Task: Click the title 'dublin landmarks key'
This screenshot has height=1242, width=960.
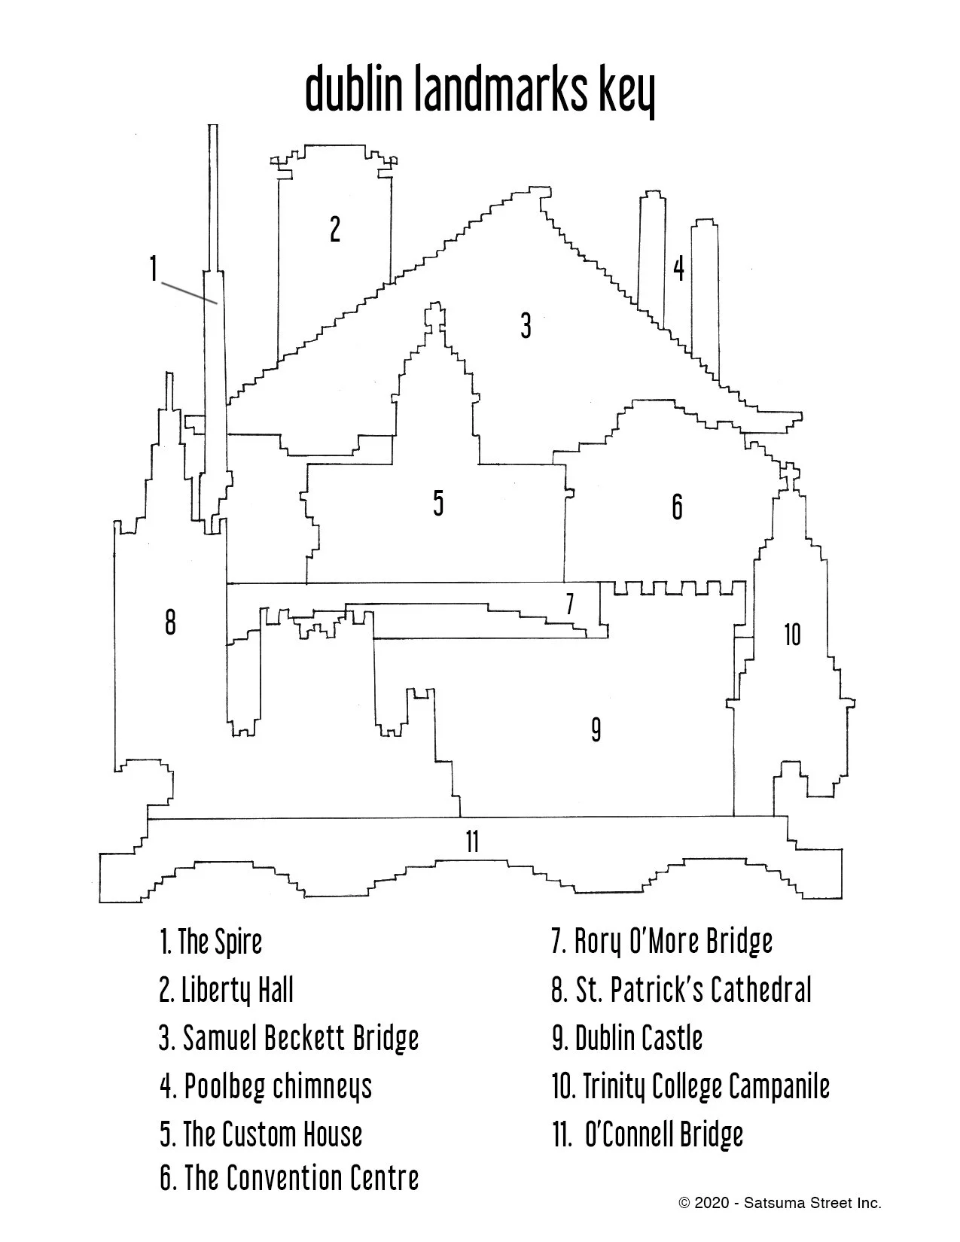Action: click(x=480, y=90)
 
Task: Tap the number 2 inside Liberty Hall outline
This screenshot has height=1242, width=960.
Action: click(x=335, y=229)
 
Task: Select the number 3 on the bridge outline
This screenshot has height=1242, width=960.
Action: click(x=526, y=326)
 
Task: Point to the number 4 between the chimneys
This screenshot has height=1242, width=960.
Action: click(x=678, y=269)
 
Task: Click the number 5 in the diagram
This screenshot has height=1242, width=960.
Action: click(x=438, y=503)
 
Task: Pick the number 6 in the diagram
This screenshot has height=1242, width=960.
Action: click(x=677, y=507)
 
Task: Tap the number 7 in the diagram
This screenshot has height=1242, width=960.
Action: click(x=570, y=604)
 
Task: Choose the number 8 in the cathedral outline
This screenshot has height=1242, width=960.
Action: click(x=170, y=623)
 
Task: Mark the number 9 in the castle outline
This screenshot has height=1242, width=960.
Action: click(x=596, y=729)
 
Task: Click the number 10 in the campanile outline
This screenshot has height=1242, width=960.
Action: click(x=792, y=635)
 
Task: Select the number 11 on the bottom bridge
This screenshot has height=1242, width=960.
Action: click(x=472, y=842)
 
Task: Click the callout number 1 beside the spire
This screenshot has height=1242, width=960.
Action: click(x=153, y=269)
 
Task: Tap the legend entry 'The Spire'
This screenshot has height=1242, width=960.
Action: click(x=211, y=942)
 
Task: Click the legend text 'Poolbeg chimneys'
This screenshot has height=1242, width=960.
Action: click(x=266, y=1086)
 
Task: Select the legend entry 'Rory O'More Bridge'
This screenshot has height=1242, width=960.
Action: click(x=662, y=942)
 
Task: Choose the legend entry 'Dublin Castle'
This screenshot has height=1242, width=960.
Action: click(x=627, y=1038)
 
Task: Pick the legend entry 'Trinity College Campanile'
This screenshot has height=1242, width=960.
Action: click(x=690, y=1086)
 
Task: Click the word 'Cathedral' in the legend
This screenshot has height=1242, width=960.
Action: click(x=761, y=990)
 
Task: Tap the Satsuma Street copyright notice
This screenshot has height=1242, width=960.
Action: click(x=779, y=1204)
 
